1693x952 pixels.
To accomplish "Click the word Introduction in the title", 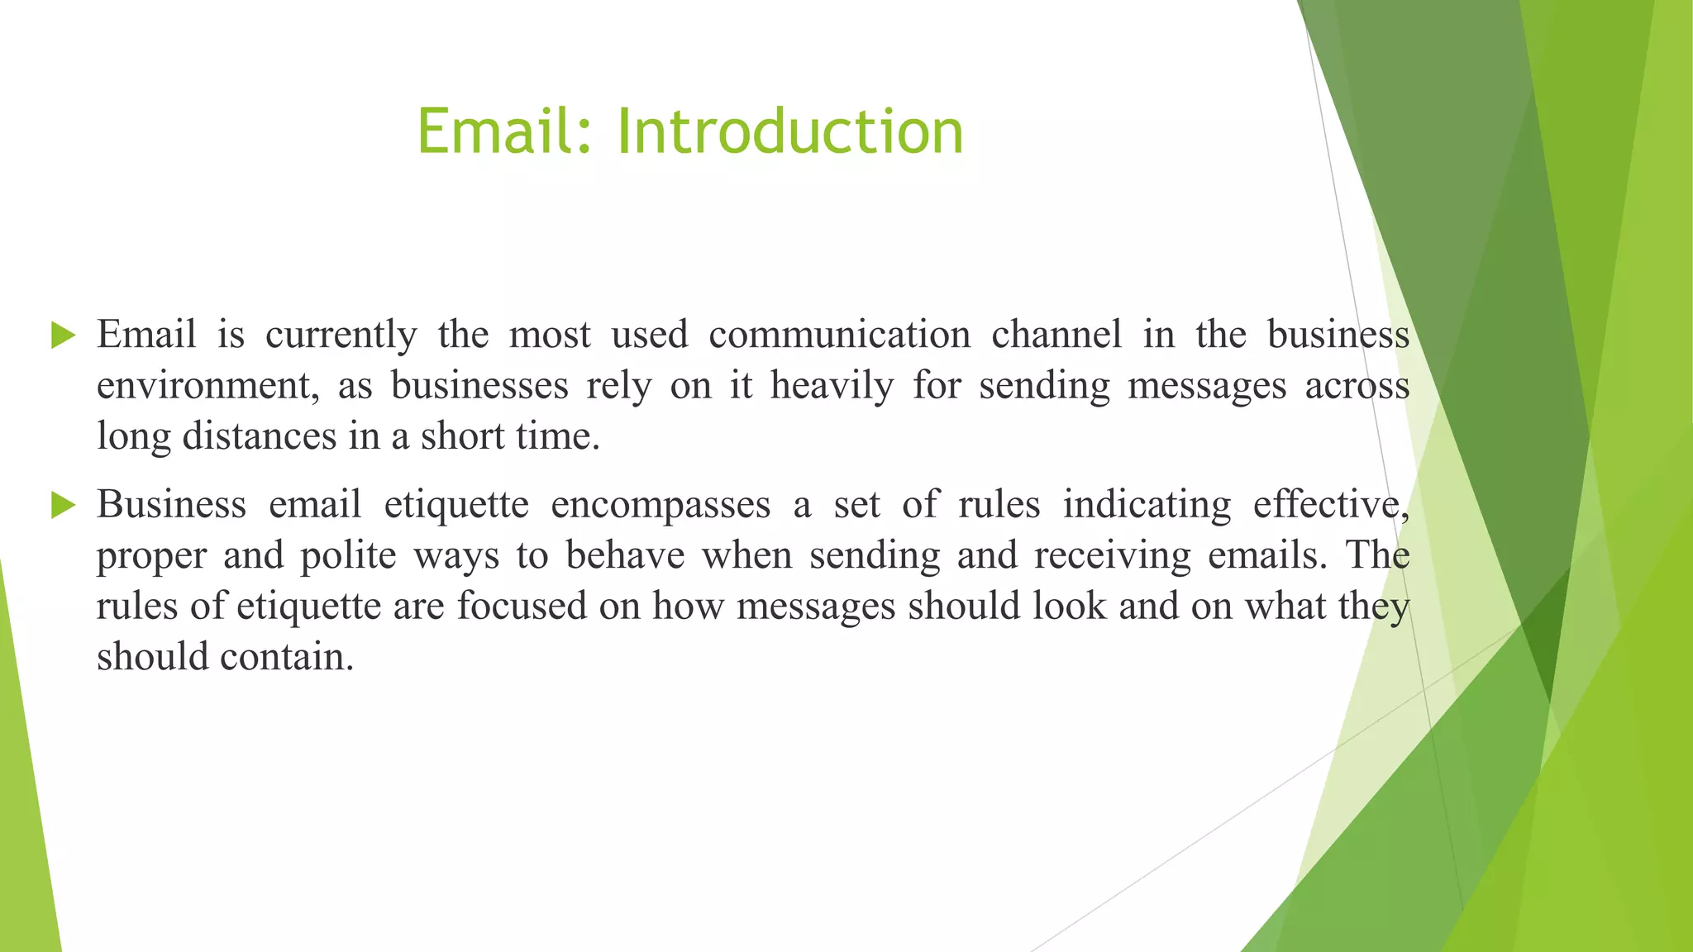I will pos(789,132).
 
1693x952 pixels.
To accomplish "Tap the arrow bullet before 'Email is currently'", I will pos(63,336).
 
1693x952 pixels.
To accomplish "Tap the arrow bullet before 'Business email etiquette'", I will pos(63,505).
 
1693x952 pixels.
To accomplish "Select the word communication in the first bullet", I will pos(839,335).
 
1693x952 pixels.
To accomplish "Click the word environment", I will pos(207,386).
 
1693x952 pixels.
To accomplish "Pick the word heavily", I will pos(832,386).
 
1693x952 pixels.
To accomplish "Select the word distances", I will pos(259,436).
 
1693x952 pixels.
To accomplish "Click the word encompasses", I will pos(661,505).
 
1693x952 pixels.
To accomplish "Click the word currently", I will pos(341,336).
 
